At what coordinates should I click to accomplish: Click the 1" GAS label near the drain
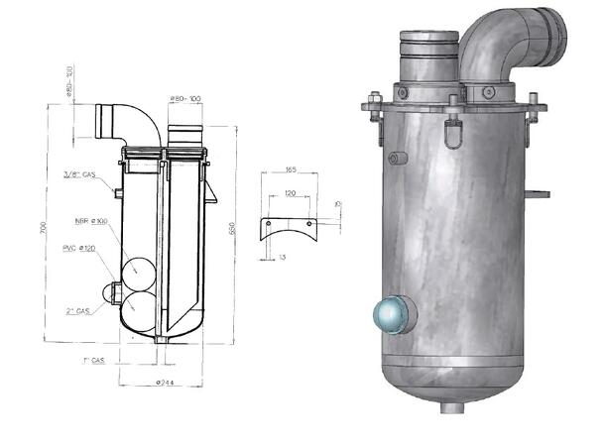pos(94,363)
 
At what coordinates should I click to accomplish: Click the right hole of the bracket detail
pos(310,224)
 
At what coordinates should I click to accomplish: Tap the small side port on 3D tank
pos(399,159)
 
